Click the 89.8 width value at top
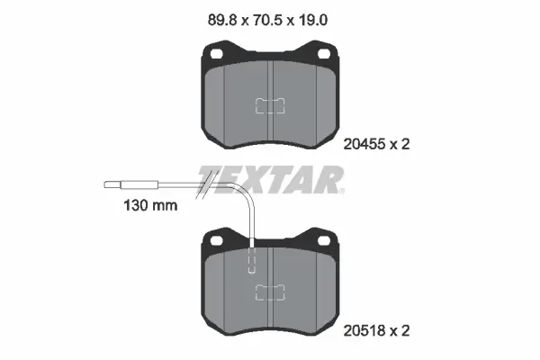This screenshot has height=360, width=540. point(222,21)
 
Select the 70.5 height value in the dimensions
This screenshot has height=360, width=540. point(268,21)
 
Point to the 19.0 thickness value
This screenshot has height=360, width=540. point(312,21)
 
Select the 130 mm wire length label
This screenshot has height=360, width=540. point(150,206)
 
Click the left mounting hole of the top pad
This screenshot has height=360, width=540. point(217,53)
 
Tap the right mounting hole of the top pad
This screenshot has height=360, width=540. point(324,53)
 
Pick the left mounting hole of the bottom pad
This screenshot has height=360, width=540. point(217,240)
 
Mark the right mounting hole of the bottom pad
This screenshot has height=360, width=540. point(324,240)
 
